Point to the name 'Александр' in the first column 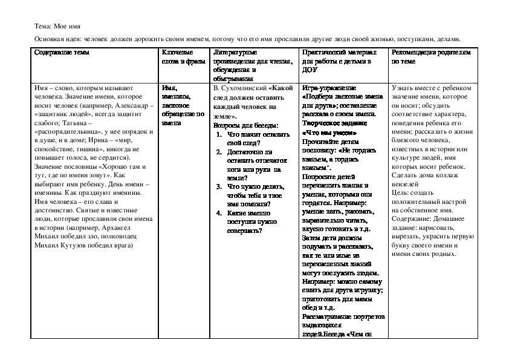[x=132, y=105]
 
